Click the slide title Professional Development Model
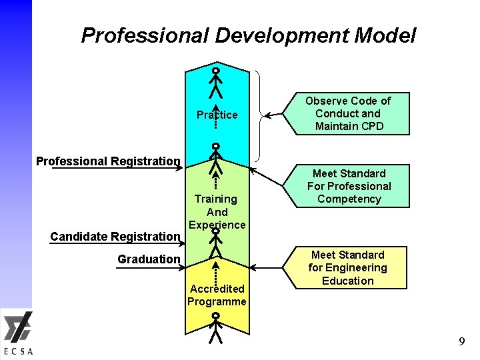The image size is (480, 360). click(248, 35)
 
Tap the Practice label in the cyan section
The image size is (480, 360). click(217, 115)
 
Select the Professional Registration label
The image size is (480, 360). click(108, 161)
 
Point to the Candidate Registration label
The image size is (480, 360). click(115, 236)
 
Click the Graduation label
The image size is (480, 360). click(149, 259)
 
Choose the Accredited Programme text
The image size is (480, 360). click(217, 295)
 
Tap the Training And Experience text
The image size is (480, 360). click(217, 211)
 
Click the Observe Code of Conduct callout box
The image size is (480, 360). click(347, 113)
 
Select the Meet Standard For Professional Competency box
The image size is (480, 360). click(348, 186)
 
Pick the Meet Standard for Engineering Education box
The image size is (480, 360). click(347, 267)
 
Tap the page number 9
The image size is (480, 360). click(461, 342)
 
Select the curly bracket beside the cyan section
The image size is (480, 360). click(258, 115)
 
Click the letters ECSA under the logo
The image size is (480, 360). click(18, 351)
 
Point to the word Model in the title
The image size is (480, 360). click(385, 35)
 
